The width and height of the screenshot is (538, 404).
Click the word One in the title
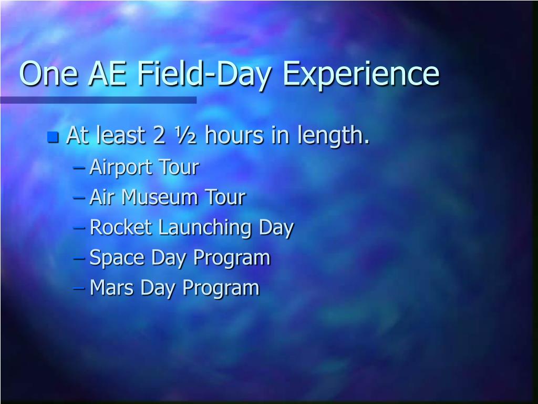pyautogui.click(x=48, y=73)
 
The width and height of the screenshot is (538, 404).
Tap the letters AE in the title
pyautogui.click(x=107, y=73)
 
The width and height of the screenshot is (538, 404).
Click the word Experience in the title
pyautogui.click(x=360, y=75)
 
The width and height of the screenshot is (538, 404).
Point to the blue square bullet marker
pyautogui.click(x=53, y=137)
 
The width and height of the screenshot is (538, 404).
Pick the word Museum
pyautogui.click(x=160, y=197)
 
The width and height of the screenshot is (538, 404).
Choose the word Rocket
pyautogui.click(x=120, y=227)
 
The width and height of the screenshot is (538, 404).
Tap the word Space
pyautogui.click(x=117, y=258)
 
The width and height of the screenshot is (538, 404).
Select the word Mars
pyautogui.click(x=111, y=287)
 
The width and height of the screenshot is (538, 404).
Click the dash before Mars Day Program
pyautogui.click(x=79, y=288)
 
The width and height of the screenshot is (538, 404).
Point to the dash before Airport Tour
pyautogui.click(x=79, y=168)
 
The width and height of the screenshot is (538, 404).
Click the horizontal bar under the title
pyautogui.click(x=98, y=100)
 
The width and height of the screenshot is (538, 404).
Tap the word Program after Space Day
pyautogui.click(x=232, y=258)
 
